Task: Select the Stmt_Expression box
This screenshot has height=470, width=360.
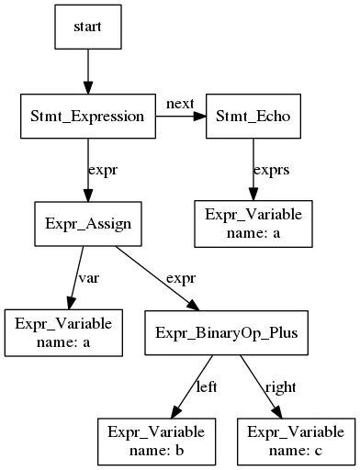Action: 88,117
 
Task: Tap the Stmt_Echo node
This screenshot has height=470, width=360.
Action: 252,117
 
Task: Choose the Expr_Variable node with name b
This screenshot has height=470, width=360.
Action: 156,441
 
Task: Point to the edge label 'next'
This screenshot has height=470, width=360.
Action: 180,104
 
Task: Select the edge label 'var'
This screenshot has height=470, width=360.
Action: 88,278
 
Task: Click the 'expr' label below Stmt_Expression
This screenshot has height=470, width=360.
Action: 102,171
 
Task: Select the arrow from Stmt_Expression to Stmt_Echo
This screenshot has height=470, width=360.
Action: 180,117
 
